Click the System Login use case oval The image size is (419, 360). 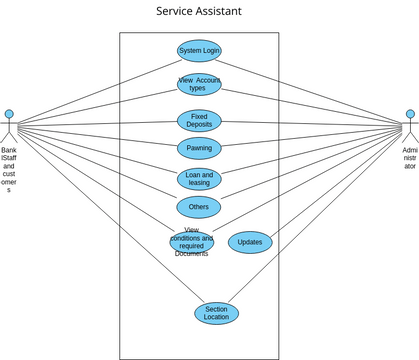point(199,51)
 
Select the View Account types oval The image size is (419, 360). point(199,84)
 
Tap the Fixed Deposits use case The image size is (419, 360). point(199,121)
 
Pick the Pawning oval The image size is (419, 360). point(199,149)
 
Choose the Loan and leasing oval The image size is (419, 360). point(199,178)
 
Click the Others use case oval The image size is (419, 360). point(199,207)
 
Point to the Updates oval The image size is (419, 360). point(250,242)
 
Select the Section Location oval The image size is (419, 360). point(216,314)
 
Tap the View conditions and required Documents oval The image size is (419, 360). point(192,242)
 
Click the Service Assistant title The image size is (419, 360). point(198,12)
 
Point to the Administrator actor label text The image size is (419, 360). point(409,158)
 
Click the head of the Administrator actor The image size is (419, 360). point(409,114)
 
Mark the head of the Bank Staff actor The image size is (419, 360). point(9,114)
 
